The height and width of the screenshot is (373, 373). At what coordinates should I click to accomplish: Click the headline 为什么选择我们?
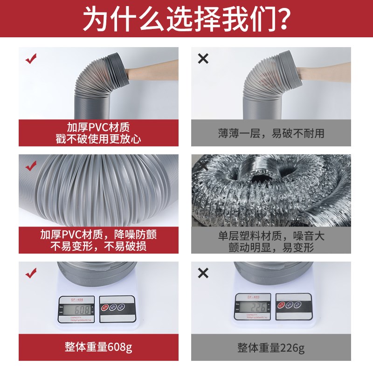click(186, 18)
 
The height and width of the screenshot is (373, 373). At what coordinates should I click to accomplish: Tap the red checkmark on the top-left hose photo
click(31, 59)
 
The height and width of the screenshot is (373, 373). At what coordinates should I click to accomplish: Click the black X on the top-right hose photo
click(203, 59)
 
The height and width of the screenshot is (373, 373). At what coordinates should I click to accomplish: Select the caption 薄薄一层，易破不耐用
click(271, 133)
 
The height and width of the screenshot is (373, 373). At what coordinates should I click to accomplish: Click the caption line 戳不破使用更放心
click(98, 138)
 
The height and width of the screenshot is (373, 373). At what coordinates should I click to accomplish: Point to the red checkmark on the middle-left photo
click(31, 165)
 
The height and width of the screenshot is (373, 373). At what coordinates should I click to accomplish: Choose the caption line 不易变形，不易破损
click(98, 246)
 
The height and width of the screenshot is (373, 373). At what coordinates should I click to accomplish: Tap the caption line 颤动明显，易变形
click(271, 248)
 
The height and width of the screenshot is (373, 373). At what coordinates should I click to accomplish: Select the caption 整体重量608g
click(98, 347)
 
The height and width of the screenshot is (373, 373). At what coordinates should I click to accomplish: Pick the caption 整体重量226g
click(271, 347)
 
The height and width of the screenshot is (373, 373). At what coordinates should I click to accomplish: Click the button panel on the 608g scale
click(114, 308)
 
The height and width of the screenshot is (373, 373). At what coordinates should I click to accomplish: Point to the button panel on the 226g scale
click(292, 305)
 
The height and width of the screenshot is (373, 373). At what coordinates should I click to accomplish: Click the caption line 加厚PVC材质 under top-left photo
click(98, 127)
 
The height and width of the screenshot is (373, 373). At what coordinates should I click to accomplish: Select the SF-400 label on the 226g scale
click(252, 296)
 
